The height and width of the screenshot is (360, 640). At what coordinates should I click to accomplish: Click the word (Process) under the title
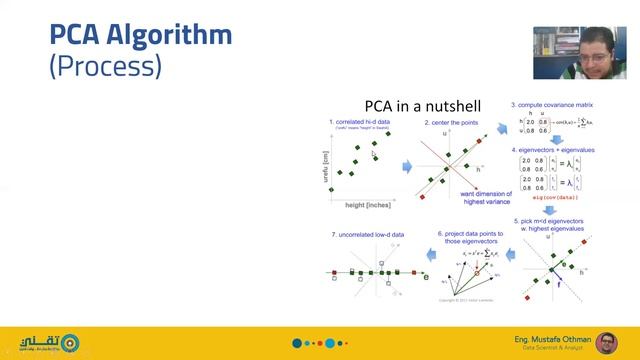click(x=105, y=68)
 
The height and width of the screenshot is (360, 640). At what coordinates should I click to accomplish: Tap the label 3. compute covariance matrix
click(x=553, y=104)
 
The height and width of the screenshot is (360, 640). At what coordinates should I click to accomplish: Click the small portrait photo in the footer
click(x=603, y=342)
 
